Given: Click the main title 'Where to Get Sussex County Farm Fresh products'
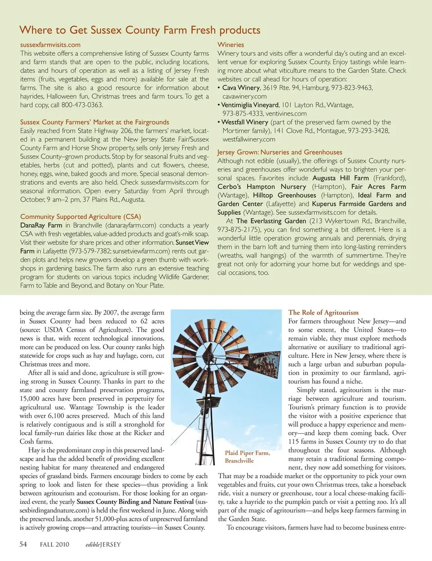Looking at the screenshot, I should pyautogui.click(x=140, y=30).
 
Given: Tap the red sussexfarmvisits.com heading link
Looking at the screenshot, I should pyautogui.click(x=50, y=45).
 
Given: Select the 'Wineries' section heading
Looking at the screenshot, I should pyautogui.click(x=230, y=45).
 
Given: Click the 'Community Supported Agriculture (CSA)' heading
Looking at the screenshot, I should pyautogui.click(x=81, y=216).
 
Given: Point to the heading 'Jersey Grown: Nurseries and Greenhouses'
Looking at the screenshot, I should pyautogui.click(x=279, y=152).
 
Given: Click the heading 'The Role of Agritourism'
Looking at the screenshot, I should pyautogui.click(x=323, y=312).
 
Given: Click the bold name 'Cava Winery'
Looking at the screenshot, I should pyautogui.click(x=241, y=88).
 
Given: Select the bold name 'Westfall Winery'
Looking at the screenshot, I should pyautogui.click(x=245, y=122).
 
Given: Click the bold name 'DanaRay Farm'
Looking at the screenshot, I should pyautogui.click(x=41, y=225).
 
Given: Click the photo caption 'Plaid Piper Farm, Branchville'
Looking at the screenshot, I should pyautogui.click(x=247, y=457).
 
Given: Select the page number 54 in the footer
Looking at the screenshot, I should pyautogui.click(x=23, y=544).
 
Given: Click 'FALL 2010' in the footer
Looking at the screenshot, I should pyautogui.click(x=54, y=544).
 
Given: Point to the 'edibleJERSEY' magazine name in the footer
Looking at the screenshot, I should pyautogui.click(x=103, y=544).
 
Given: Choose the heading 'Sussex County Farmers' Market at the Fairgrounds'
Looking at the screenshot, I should pyautogui.click(x=94, y=122).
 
